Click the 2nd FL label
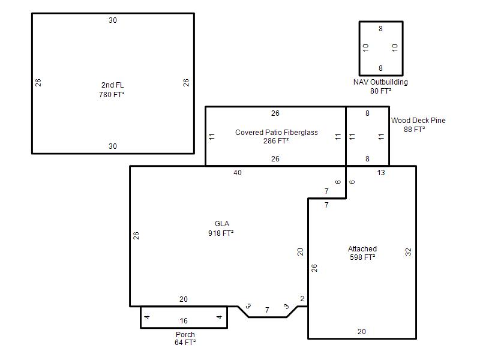coord(113,85)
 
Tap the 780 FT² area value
coord(112,94)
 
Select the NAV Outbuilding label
coord(380,82)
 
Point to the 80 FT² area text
coord(381,91)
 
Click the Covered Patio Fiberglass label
coord(277,132)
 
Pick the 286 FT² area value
coord(276,141)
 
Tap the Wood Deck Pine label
coord(418,121)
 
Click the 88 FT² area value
coord(414,129)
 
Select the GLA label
coord(222,223)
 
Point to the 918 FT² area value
coord(221,233)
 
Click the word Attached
coord(362,248)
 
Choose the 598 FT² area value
coord(362,257)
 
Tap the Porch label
coord(185,334)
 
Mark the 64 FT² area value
coord(185,342)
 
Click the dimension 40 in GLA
coord(238,173)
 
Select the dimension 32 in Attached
coord(408,252)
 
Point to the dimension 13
coord(381,173)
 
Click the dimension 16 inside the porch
coord(184,321)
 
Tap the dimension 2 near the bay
coord(302,298)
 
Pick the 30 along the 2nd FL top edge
coord(113,20)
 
